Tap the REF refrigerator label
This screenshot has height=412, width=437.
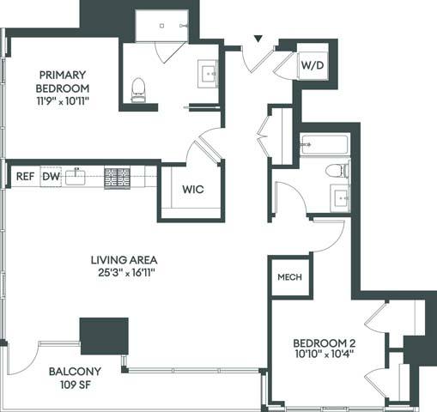pyautogui.click(x=24, y=178)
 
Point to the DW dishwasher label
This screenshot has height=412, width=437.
pyautogui.click(x=51, y=178)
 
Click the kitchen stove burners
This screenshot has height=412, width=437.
pyautogui.click(x=117, y=178)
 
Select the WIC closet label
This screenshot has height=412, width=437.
pyautogui.click(x=191, y=191)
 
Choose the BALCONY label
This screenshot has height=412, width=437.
pyautogui.click(x=75, y=371)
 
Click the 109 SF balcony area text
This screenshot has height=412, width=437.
pyautogui.click(x=75, y=385)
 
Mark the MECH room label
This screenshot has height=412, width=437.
pyautogui.click(x=287, y=278)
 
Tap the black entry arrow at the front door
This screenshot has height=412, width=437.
pyautogui.click(x=257, y=39)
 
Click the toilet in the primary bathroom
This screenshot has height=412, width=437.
pyautogui.click(x=137, y=89)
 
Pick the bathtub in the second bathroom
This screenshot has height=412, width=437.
pyautogui.click(x=323, y=146)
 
